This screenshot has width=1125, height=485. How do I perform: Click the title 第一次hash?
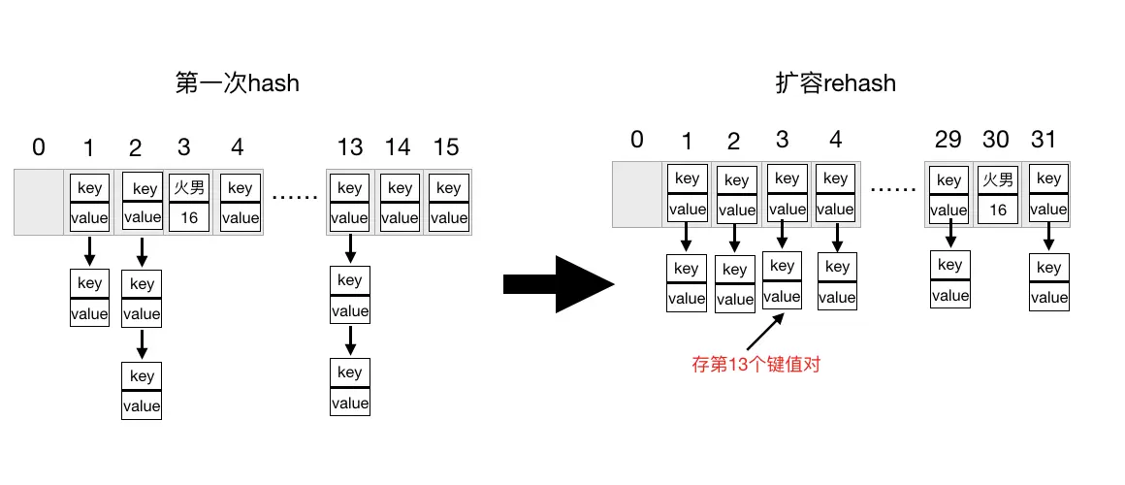(237, 83)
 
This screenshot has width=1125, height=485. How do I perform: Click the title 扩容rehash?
(835, 83)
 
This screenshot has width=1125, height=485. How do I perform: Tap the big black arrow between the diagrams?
(560, 284)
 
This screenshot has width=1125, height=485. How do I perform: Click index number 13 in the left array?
(349, 147)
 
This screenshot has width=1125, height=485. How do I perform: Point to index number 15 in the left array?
(446, 147)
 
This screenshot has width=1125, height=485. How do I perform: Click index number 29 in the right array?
(948, 140)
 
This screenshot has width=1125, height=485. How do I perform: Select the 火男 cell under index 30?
(998, 179)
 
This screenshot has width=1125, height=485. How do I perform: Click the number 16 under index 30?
(998, 210)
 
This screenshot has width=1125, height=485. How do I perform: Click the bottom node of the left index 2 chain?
(142, 391)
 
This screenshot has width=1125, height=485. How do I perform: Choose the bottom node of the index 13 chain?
(350, 387)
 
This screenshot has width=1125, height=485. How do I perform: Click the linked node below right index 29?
(950, 279)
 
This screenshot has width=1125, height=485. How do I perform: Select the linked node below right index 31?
(1048, 282)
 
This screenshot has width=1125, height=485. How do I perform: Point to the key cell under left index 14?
(400, 188)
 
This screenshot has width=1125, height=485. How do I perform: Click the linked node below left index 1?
(89, 299)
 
